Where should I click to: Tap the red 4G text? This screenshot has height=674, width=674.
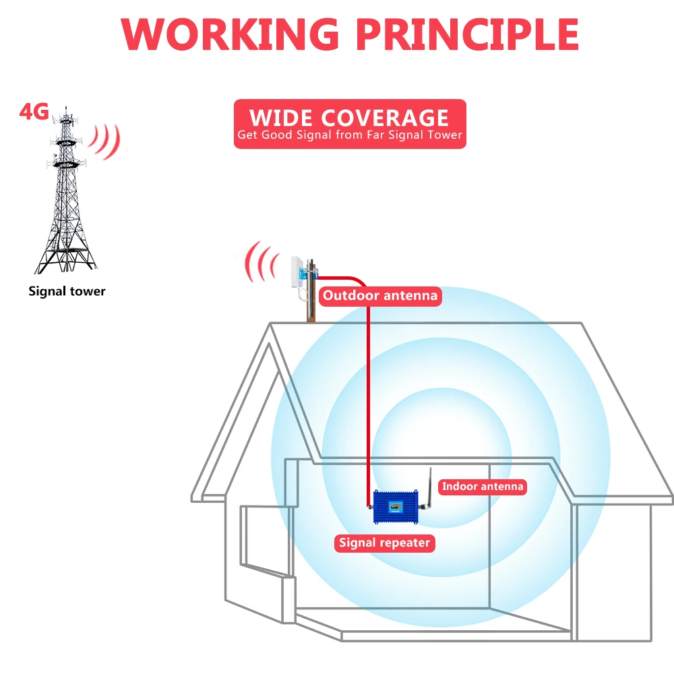click(34, 111)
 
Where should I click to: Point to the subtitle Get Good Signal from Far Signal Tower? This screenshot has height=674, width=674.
click(349, 135)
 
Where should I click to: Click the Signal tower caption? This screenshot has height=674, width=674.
click(67, 291)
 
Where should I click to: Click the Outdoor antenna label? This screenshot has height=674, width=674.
click(379, 295)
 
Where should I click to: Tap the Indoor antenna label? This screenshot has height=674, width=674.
click(482, 486)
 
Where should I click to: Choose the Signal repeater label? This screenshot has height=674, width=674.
click(384, 543)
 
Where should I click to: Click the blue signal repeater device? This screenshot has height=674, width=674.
click(398, 506)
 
